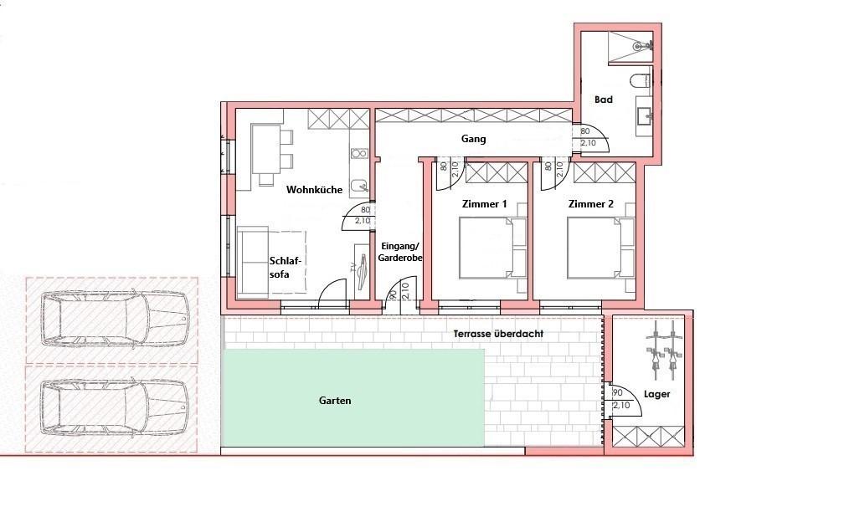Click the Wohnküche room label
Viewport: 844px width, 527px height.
(x=314, y=190)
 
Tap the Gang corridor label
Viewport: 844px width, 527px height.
(x=474, y=139)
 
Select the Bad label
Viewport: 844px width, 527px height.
(x=604, y=100)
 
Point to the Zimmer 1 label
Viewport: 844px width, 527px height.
(x=485, y=204)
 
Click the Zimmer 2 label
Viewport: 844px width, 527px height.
(x=591, y=204)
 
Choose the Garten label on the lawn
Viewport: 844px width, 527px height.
(x=335, y=401)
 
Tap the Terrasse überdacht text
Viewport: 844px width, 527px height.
(x=498, y=334)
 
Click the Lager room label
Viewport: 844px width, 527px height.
(x=657, y=394)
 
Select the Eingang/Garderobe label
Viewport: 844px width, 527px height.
(x=400, y=253)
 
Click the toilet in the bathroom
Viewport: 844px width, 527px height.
(x=641, y=81)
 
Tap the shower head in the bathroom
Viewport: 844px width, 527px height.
(x=639, y=47)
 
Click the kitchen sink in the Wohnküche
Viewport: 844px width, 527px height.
(x=358, y=187)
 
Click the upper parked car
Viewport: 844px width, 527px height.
(x=115, y=319)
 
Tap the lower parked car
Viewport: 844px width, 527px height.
(x=115, y=407)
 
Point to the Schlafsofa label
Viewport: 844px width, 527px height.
(x=286, y=268)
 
